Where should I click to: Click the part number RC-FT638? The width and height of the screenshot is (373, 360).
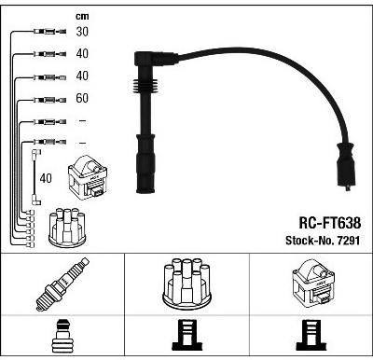330,223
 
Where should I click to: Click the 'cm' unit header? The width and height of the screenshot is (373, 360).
82,17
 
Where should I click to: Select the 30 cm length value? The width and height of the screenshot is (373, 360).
82,32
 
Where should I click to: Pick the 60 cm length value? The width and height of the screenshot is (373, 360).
82,98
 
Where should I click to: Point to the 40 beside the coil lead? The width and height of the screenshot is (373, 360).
46,178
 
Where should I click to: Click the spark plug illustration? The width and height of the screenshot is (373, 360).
62,284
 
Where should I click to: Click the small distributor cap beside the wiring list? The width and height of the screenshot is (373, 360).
67,228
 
